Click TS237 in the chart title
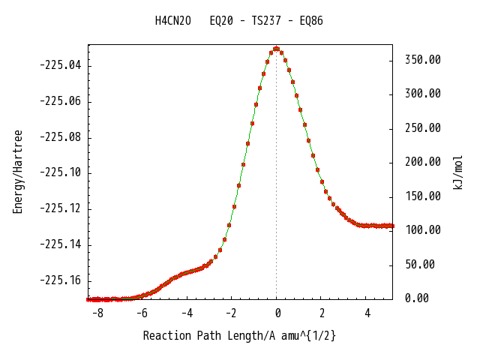point(266,21)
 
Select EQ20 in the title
point(221,21)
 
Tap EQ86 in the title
point(311,21)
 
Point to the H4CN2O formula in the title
point(173,21)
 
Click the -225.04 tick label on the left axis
point(61,65)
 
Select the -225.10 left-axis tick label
point(61,172)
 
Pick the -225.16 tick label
point(61,280)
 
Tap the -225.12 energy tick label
point(61,208)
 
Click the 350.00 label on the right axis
point(423,60)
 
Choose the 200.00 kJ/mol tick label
point(423,162)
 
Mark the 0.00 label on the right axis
point(417,298)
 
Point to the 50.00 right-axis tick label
point(420,265)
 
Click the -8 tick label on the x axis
point(98,313)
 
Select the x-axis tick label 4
point(367,313)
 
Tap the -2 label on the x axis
point(231,313)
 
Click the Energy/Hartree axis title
point(18,172)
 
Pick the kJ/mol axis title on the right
point(457,172)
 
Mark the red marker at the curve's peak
point(277,49)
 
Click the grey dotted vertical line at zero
point(277,175)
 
